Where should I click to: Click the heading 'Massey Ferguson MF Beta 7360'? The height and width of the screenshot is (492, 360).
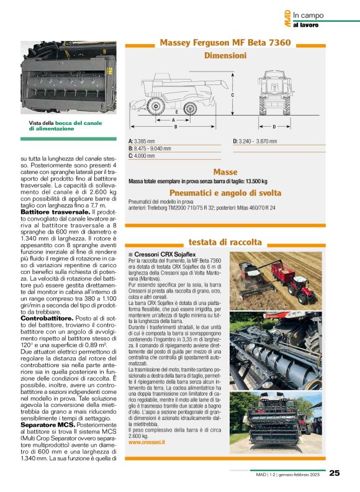pyautogui.click(x=225, y=43)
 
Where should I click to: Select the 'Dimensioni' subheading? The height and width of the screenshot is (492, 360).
pyautogui.click(x=225, y=55)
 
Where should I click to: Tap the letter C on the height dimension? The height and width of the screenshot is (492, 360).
pyautogui.click(x=232, y=96)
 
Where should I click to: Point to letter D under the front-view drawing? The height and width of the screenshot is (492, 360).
pyautogui.click(x=274, y=127)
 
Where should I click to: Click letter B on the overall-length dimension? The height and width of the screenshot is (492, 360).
pyautogui.click(x=176, y=127)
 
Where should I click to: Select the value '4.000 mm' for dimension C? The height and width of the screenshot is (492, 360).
pyautogui.click(x=144, y=156)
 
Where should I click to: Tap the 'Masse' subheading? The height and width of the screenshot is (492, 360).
pyautogui.click(x=225, y=171)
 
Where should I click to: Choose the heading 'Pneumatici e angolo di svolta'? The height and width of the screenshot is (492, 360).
pyautogui.click(x=225, y=193)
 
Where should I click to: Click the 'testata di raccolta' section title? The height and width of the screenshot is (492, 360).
pyautogui.click(x=225, y=242)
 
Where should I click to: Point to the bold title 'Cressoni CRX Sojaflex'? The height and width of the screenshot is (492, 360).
pyautogui.click(x=161, y=255)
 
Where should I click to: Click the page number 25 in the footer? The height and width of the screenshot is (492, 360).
pyautogui.click(x=335, y=473)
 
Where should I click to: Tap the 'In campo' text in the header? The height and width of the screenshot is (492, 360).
pyautogui.click(x=308, y=16)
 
